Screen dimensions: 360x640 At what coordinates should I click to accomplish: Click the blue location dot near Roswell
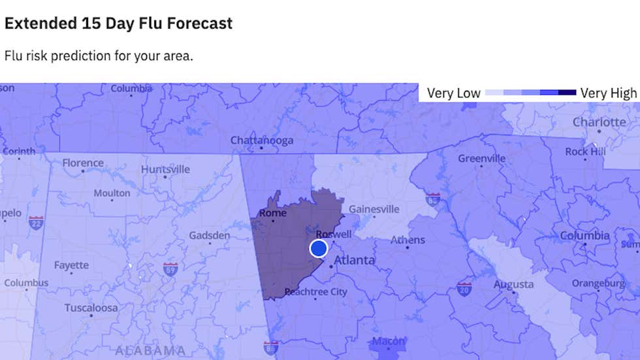[318, 248]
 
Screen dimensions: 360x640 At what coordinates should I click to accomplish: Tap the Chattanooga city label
[261, 140]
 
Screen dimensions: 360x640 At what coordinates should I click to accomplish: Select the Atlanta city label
[355, 260]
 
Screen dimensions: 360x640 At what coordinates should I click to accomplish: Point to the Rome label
[274, 212]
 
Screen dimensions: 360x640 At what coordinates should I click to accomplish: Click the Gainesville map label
[374, 209]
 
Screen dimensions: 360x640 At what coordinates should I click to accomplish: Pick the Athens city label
[408, 240]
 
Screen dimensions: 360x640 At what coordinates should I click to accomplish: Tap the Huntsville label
[165, 169]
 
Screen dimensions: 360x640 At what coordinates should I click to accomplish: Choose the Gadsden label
[209, 235]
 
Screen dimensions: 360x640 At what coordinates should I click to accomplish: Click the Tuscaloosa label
[91, 308]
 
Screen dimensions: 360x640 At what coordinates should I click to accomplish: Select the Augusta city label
[513, 284]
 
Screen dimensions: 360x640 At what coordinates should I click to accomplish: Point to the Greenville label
[481, 158]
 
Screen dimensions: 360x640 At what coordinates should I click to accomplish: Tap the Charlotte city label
[599, 122]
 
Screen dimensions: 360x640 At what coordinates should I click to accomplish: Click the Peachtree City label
[316, 292]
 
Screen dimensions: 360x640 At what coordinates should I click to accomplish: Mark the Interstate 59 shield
[170, 269]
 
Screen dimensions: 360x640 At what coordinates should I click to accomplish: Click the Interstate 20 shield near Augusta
[464, 287]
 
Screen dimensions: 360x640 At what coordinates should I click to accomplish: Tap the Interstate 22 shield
[36, 222]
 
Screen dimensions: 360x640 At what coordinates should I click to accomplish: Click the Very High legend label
[608, 93]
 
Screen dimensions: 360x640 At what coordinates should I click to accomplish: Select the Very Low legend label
[453, 93]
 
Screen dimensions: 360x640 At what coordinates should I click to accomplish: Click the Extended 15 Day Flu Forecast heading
[118, 24]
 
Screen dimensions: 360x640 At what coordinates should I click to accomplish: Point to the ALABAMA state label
[150, 350]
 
